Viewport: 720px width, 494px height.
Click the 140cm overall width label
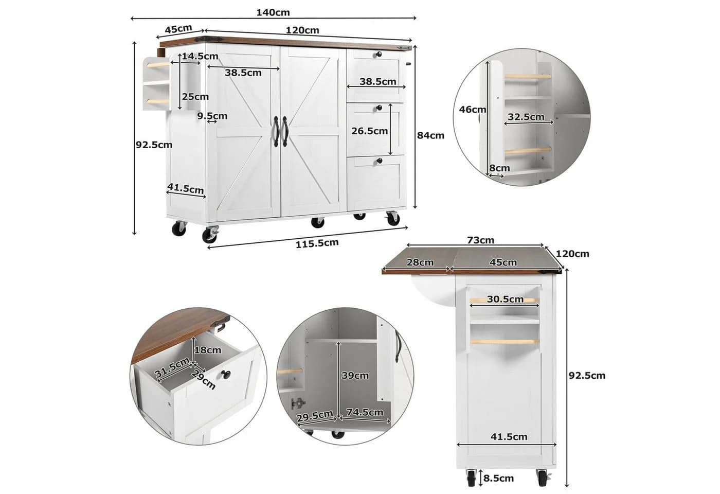coord(273,12)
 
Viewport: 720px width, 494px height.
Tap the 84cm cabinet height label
coord(430,135)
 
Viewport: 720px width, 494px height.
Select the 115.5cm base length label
coord(317,243)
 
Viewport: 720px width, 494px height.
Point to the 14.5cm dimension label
coord(200,56)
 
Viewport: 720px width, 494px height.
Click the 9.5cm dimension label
coord(212,116)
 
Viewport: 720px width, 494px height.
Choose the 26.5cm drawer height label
coord(369,131)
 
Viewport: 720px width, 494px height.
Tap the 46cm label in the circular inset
coord(472,110)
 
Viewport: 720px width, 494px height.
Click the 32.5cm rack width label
coord(526,116)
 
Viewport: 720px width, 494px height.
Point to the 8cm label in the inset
coord(499,168)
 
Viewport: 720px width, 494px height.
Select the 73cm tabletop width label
coord(480,240)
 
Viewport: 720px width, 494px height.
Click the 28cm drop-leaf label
coord(420,262)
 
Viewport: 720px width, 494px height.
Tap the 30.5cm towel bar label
coord(505,299)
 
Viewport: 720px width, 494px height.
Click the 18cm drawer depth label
coord(208,350)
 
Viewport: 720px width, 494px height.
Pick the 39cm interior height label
coord(355,375)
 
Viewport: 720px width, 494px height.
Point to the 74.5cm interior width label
coord(365,412)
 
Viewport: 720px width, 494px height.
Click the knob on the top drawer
coord(379,55)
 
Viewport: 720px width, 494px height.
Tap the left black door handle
coord(276,131)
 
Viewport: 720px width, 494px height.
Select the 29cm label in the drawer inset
coord(204,379)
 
